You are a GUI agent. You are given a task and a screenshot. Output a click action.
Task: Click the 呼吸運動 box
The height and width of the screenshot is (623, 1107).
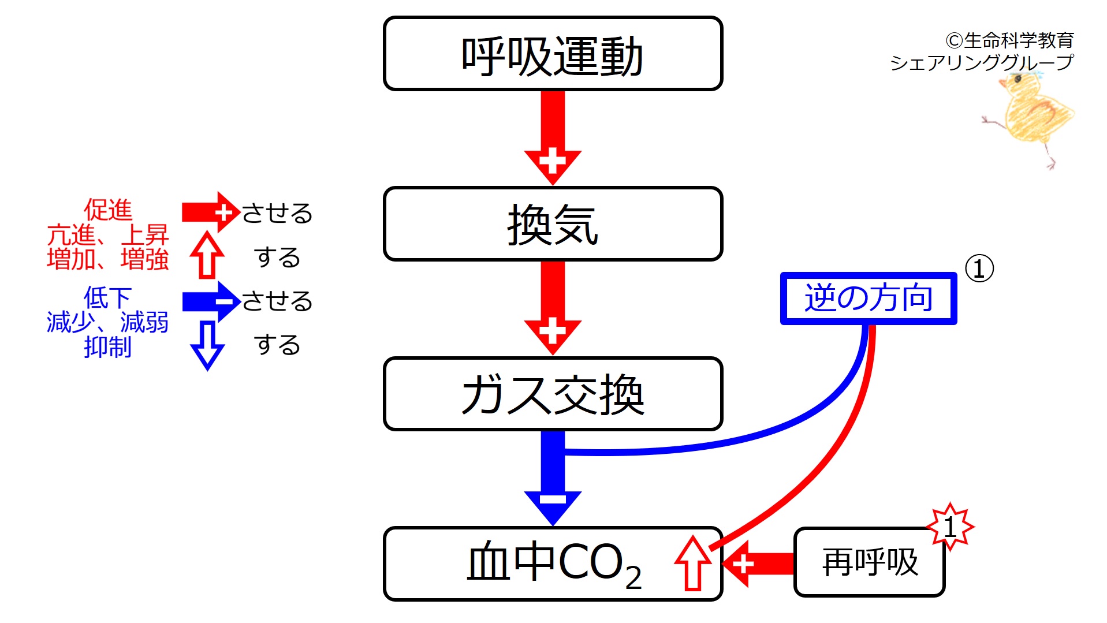coord(553,54)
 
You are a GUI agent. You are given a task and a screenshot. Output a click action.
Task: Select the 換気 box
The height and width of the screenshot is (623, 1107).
coord(553,224)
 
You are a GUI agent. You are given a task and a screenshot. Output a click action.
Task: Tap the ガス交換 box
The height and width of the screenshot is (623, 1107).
coord(553,394)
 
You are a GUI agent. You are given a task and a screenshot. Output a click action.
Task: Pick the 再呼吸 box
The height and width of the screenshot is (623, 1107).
coord(869,562)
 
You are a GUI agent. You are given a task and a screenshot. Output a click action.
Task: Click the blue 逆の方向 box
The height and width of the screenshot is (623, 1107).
coord(868,299)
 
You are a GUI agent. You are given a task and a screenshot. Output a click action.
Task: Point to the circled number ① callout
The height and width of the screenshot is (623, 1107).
coord(979,269)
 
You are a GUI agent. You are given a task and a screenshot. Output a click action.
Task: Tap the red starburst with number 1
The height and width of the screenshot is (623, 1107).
coord(950,526)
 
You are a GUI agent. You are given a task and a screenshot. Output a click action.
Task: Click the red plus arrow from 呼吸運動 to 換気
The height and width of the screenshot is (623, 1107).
coord(553,139)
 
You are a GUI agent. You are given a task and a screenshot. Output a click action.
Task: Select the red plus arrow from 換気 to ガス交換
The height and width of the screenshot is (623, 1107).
coord(553,308)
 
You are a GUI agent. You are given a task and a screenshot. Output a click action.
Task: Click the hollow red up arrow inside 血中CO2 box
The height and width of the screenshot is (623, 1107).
coord(692,564)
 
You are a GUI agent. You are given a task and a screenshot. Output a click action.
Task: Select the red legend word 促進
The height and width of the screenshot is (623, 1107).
coord(108,210)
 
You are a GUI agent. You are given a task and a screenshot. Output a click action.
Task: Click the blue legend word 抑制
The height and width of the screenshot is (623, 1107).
coord(108,347)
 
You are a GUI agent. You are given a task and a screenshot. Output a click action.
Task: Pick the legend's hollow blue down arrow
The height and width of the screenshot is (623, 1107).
coord(207,345)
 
